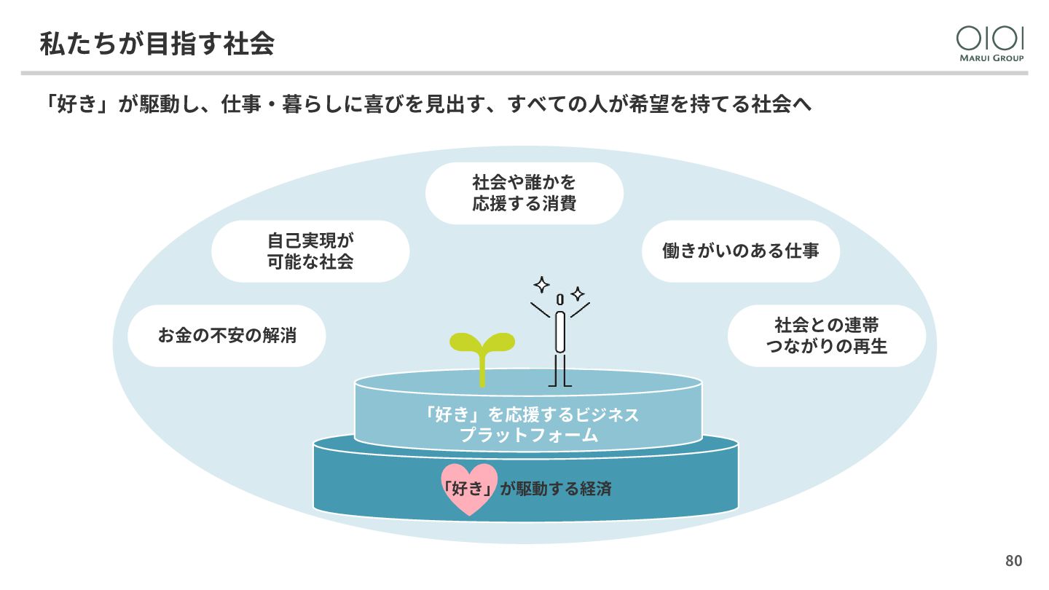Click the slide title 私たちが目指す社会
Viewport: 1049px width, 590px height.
157,44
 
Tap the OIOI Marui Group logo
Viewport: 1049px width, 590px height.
990,43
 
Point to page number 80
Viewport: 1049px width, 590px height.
1013,561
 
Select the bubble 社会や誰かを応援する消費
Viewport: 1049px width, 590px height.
524,193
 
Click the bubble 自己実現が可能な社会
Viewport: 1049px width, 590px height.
310,251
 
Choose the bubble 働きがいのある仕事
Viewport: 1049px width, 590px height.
741,251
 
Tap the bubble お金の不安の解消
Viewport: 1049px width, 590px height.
227,336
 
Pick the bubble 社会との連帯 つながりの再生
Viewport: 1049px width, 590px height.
826,336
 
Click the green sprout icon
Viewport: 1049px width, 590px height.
482,353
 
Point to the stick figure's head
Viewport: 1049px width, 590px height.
559,299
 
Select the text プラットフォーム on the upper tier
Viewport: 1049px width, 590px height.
529,436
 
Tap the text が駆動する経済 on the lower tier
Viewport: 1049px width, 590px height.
556,489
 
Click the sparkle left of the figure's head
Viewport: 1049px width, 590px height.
541,284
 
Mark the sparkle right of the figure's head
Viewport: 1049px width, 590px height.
578,294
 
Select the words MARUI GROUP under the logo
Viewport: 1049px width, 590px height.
990,58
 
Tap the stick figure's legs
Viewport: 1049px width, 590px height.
560,369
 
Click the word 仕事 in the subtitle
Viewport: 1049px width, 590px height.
240,104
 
